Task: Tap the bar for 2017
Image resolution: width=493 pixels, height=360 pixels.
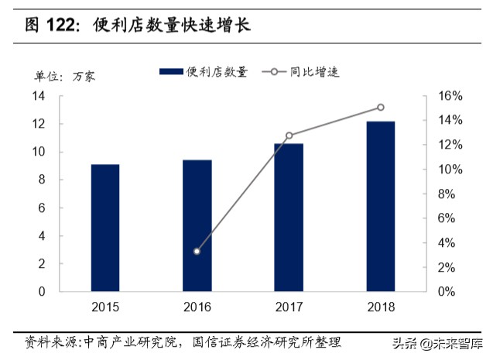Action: (289, 217)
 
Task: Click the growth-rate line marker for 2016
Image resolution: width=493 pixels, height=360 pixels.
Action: (197, 252)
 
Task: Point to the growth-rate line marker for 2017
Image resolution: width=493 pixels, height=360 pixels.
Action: (289, 135)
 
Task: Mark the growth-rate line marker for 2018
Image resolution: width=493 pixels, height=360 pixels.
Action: (380, 108)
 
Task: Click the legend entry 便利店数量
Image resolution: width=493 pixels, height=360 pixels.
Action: (204, 72)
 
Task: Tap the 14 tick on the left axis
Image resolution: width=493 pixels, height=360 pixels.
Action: (38, 96)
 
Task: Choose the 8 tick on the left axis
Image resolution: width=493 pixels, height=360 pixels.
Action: (41, 180)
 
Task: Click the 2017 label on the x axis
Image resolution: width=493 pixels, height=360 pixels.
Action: (289, 307)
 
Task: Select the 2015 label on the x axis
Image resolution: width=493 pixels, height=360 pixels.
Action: (105, 307)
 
